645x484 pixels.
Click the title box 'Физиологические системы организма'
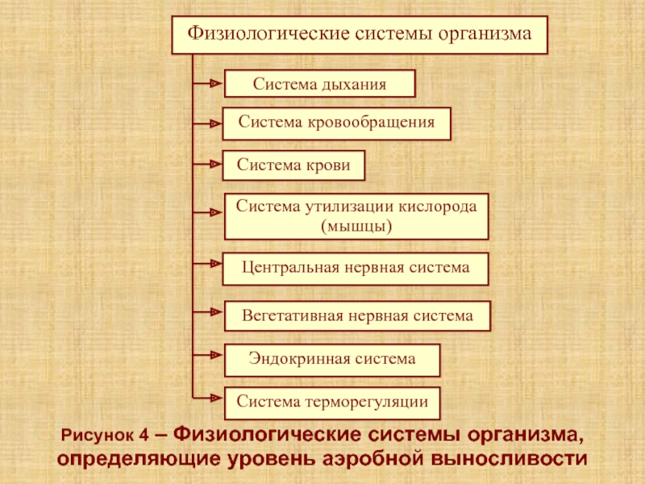point(360,35)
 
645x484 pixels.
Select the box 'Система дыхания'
point(319,84)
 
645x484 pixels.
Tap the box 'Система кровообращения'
point(336,123)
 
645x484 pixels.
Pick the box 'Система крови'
point(293,165)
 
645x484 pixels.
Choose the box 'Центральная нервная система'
point(356,269)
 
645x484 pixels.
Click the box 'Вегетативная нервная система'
point(357,316)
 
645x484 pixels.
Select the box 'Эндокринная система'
point(332,360)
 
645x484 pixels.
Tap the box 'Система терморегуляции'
point(332,403)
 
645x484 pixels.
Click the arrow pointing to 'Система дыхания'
point(207,84)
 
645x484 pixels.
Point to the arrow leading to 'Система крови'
point(207,165)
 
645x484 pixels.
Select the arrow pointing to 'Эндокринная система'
point(207,355)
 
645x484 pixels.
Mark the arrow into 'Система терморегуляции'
point(207,398)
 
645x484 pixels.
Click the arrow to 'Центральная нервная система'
point(207,264)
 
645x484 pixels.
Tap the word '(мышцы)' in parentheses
point(356,227)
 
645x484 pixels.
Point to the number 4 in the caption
point(144,435)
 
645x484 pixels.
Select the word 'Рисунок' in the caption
point(97,436)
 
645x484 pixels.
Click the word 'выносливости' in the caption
point(510,458)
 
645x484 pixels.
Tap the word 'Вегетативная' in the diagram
point(293,315)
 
